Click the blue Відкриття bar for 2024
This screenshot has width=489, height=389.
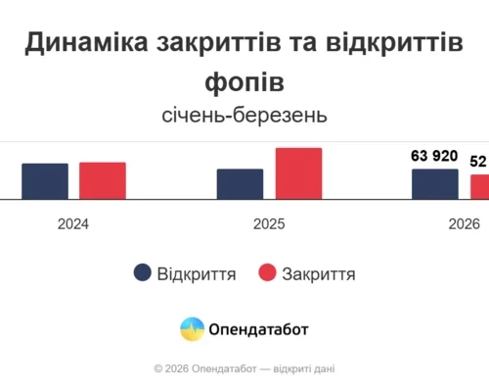[45, 181]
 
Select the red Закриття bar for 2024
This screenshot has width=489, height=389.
[103, 180]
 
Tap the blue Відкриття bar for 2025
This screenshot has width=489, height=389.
[240, 184]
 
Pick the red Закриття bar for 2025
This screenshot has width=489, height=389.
[298, 173]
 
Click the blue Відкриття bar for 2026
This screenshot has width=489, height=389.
[434, 184]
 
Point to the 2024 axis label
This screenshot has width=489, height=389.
[73, 224]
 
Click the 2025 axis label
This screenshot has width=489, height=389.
[269, 224]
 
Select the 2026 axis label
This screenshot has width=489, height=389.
[464, 224]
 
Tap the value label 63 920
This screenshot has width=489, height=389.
[434, 158]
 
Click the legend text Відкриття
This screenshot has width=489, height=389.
[197, 274]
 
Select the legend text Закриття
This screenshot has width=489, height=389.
[318, 274]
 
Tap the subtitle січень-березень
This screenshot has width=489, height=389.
[244, 116]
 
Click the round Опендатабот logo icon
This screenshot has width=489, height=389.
[193, 329]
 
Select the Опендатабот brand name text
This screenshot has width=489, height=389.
[258, 330]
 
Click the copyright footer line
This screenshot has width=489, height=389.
[244, 369]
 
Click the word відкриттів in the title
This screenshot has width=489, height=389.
[395, 43]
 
